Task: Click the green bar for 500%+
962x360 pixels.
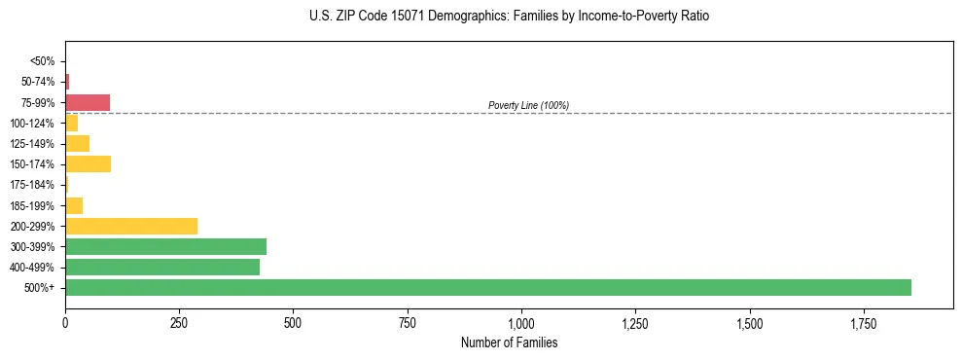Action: click(487, 287)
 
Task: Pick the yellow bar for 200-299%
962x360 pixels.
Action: click(131, 226)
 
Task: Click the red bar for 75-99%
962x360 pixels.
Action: click(88, 102)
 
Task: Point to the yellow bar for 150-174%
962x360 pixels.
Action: click(88, 163)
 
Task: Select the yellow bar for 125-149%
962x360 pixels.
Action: click(77, 143)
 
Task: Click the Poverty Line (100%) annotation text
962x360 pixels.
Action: click(528, 105)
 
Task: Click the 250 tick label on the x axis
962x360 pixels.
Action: click(179, 322)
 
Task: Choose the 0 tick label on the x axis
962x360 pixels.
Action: click(65, 322)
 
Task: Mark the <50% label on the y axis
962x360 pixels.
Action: click(43, 61)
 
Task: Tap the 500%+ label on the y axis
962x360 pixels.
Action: click(41, 288)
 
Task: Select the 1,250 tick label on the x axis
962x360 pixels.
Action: click(635, 322)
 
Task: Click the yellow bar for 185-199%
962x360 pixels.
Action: click(74, 205)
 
